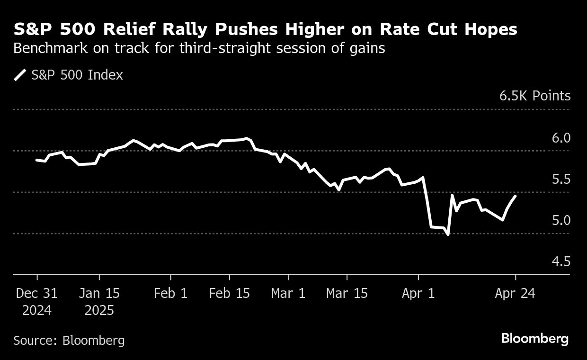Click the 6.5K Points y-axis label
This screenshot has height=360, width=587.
(x=535, y=96)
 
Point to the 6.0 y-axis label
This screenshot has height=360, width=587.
(x=561, y=138)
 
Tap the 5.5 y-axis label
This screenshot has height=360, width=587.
(x=561, y=179)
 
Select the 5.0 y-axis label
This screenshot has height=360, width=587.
(x=561, y=220)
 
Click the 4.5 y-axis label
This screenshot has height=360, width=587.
(x=561, y=261)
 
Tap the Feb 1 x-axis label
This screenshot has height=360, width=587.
(x=170, y=293)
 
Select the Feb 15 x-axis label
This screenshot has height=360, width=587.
(x=230, y=293)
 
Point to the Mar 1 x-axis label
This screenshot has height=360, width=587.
(x=288, y=293)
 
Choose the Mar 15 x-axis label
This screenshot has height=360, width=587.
(x=347, y=293)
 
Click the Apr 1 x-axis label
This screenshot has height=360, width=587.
(x=418, y=293)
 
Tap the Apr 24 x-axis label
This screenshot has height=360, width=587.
(x=515, y=293)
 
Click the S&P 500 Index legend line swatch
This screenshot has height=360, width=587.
(x=20, y=75)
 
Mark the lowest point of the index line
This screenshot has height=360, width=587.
(x=448, y=234)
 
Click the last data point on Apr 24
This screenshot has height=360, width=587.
(x=515, y=196)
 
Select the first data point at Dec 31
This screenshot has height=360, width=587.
(x=37, y=160)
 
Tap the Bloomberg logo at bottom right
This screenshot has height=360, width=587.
(x=535, y=339)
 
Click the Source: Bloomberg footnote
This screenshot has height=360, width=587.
(x=69, y=340)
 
